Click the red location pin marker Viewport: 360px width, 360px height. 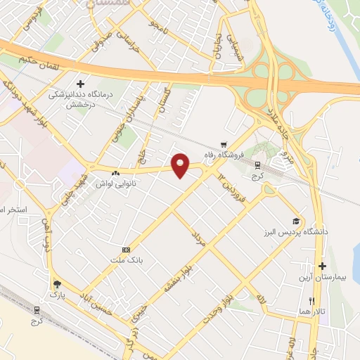[x=181, y=165]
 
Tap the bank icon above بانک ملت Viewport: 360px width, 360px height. [x=126, y=250]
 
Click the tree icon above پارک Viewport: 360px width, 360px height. [x=56, y=284]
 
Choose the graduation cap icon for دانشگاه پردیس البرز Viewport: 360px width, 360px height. [x=296, y=221]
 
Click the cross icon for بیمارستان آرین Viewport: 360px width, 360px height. [x=322, y=266]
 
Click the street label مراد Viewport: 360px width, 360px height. [x=199, y=237]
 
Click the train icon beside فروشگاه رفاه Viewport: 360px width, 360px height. [x=257, y=165]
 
